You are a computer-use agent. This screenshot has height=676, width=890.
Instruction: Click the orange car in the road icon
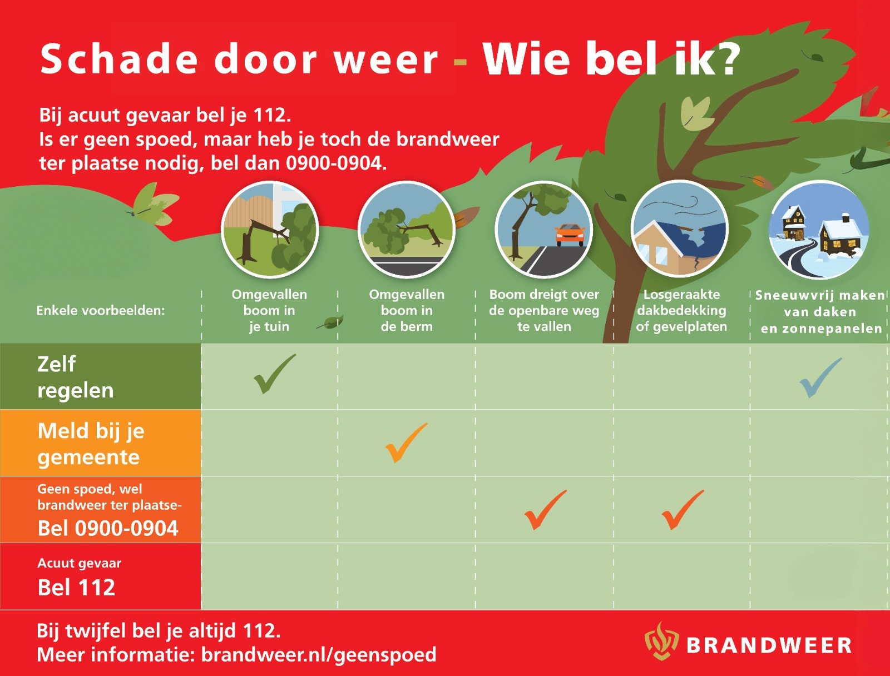point(570,235)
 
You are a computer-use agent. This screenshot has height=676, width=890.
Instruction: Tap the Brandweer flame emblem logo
point(661,642)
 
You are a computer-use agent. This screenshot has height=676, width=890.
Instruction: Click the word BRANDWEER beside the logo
point(769,645)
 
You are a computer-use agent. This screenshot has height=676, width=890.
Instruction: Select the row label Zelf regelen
point(76,377)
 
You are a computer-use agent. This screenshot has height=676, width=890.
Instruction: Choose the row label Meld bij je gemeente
point(91,444)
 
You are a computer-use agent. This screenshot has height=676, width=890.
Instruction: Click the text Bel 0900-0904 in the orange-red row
point(108,528)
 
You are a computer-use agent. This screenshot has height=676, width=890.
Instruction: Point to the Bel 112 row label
point(76,587)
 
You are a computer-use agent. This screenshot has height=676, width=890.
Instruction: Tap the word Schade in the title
point(119,59)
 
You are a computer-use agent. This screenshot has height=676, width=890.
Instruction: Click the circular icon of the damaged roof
point(680,229)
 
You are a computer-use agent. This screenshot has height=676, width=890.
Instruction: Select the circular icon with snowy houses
point(819,230)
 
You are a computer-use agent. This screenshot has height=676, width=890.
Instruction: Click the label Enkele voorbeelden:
point(101,311)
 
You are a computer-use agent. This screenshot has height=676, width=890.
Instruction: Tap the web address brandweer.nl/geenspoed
point(319,655)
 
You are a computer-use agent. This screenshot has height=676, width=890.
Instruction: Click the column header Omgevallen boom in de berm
point(407,310)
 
